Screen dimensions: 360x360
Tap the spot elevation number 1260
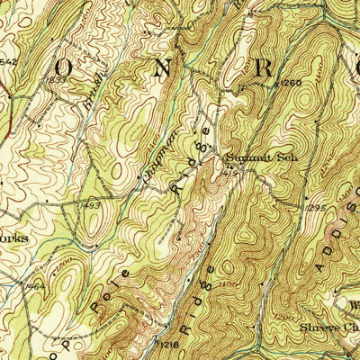pos(287,84)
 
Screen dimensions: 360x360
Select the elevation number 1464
pos(11,285)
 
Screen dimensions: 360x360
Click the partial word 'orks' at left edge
pos(13,238)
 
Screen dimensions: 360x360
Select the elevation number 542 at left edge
pos(9,61)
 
